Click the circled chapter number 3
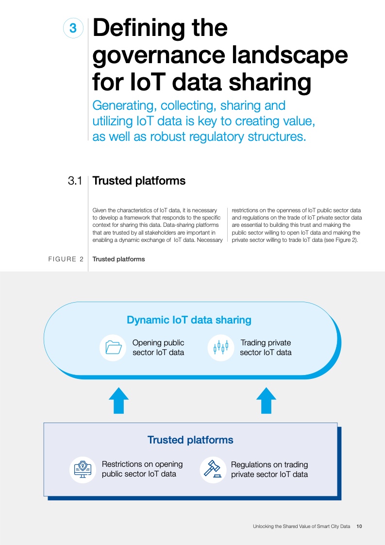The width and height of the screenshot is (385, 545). pyautogui.click(x=73, y=29)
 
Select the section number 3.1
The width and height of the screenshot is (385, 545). pyautogui.click(x=74, y=181)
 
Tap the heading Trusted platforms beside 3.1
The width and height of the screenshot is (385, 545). pyautogui.click(x=139, y=181)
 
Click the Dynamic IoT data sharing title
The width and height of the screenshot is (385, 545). pyautogui.click(x=189, y=320)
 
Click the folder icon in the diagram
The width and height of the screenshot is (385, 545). pyautogui.click(x=113, y=347)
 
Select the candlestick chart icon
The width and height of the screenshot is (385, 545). pyautogui.click(x=221, y=347)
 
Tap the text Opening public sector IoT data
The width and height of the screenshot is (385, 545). pyautogui.click(x=158, y=348)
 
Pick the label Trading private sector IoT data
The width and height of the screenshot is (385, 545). pyautogui.click(x=266, y=348)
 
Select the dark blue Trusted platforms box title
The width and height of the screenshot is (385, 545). pyautogui.click(x=190, y=440)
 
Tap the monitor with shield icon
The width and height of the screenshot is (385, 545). pyautogui.click(x=83, y=469)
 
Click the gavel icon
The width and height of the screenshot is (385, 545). pyautogui.click(x=213, y=469)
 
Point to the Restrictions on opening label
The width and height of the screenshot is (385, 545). pyautogui.click(x=142, y=469)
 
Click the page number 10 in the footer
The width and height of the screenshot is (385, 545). pyautogui.click(x=359, y=527)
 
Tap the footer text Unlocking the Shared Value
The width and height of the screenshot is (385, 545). pyautogui.click(x=301, y=527)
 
